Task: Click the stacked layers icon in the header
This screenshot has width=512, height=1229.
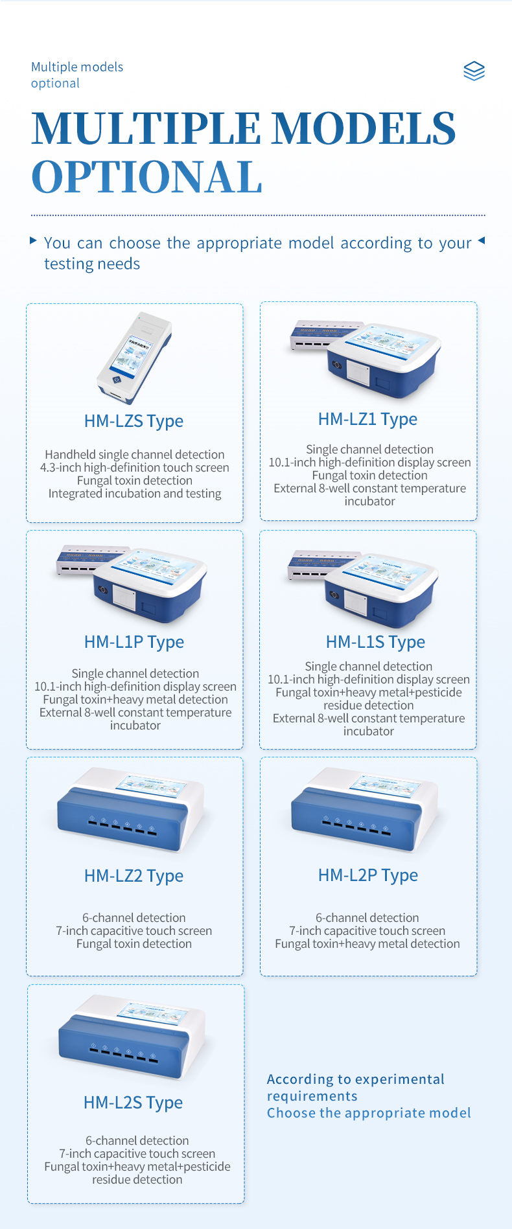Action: point(474,71)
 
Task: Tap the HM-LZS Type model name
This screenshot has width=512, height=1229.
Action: point(134,421)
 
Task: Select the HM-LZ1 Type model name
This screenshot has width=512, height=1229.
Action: point(367,419)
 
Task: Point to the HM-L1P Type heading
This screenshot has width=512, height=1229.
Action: point(134,642)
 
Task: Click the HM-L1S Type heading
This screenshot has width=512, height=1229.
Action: point(375,642)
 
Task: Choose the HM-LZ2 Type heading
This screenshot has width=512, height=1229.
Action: point(134,876)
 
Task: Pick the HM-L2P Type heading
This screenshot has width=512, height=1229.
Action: point(368,875)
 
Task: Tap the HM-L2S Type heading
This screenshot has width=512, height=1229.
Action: point(133,1103)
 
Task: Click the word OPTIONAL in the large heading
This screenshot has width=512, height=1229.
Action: point(147,177)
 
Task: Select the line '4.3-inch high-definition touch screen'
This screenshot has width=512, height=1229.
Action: point(135,468)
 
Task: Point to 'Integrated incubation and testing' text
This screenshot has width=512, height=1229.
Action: point(135,494)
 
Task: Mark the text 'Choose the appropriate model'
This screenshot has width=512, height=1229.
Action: point(369,1113)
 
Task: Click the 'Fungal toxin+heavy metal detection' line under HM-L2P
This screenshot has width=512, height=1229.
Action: point(367,944)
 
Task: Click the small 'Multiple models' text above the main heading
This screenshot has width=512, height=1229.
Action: point(77,67)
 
